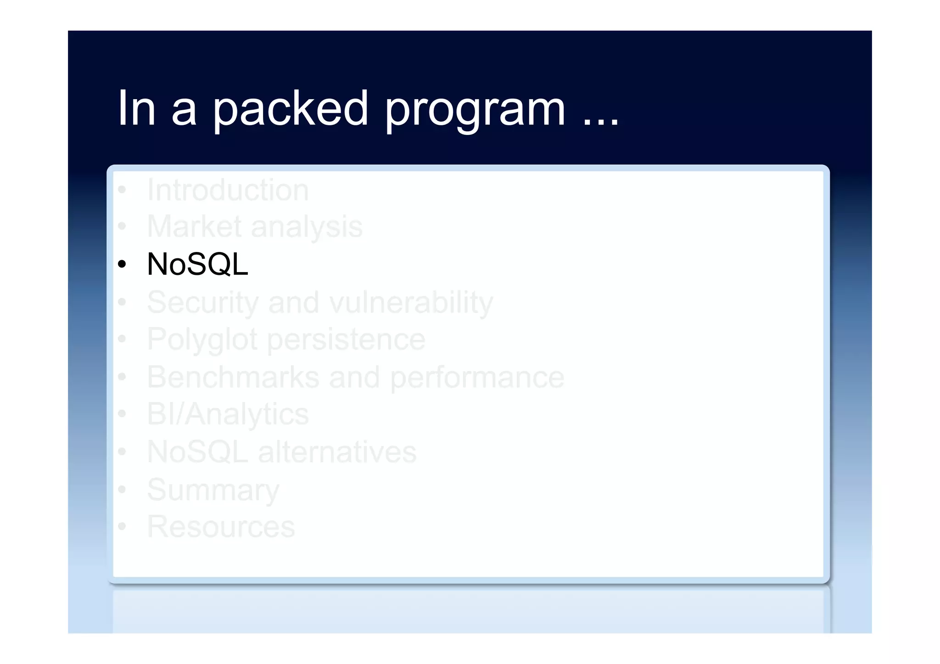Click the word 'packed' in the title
click(x=290, y=109)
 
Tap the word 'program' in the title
click(x=475, y=110)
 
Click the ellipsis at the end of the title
click(x=601, y=122)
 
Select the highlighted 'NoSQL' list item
click(x=197, y=264)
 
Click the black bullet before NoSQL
click(x=122, y=264)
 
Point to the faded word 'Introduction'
click(x=228, y=190)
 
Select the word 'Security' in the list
click(x=202, y=303)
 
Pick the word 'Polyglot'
click(x=202, y=340)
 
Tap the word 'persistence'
click(x=346, y=340)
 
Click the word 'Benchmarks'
click(x=233, y=377)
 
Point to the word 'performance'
click(x=477, y=378)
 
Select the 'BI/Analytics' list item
click(x=228, y=414)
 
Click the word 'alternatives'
click(x=337, y=452)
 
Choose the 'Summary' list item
click(x=213, y=490)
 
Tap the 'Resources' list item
click(x=221, y=526)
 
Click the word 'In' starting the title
click(x=136, y=109)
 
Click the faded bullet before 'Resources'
click(x=122, y=526)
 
